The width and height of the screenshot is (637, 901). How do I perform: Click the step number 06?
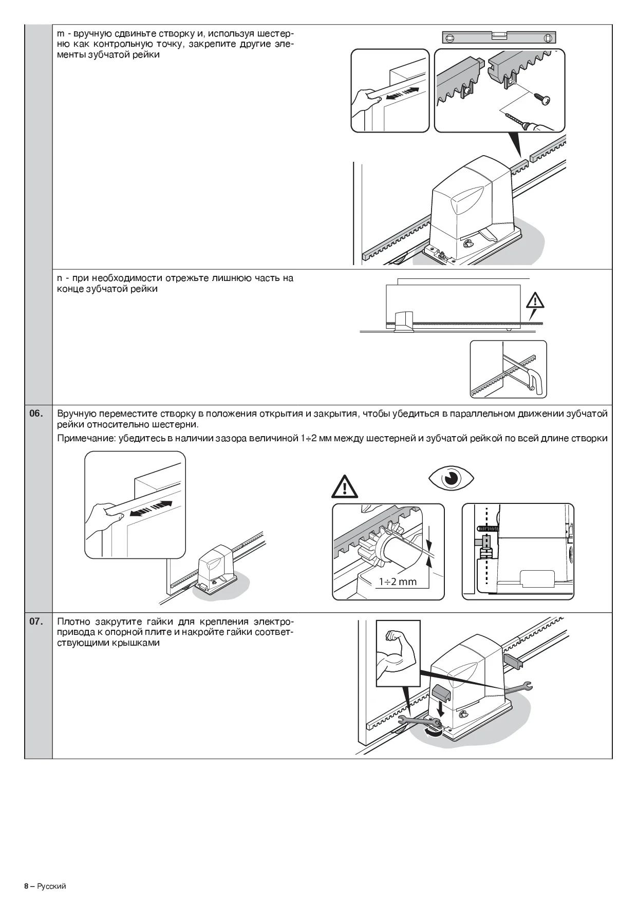pos(36,414)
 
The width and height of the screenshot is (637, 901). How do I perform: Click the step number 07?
pos(36,622)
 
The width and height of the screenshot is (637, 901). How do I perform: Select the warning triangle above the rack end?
pos(535,301)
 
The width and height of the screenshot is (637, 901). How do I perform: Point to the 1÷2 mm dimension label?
pos(397,581)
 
